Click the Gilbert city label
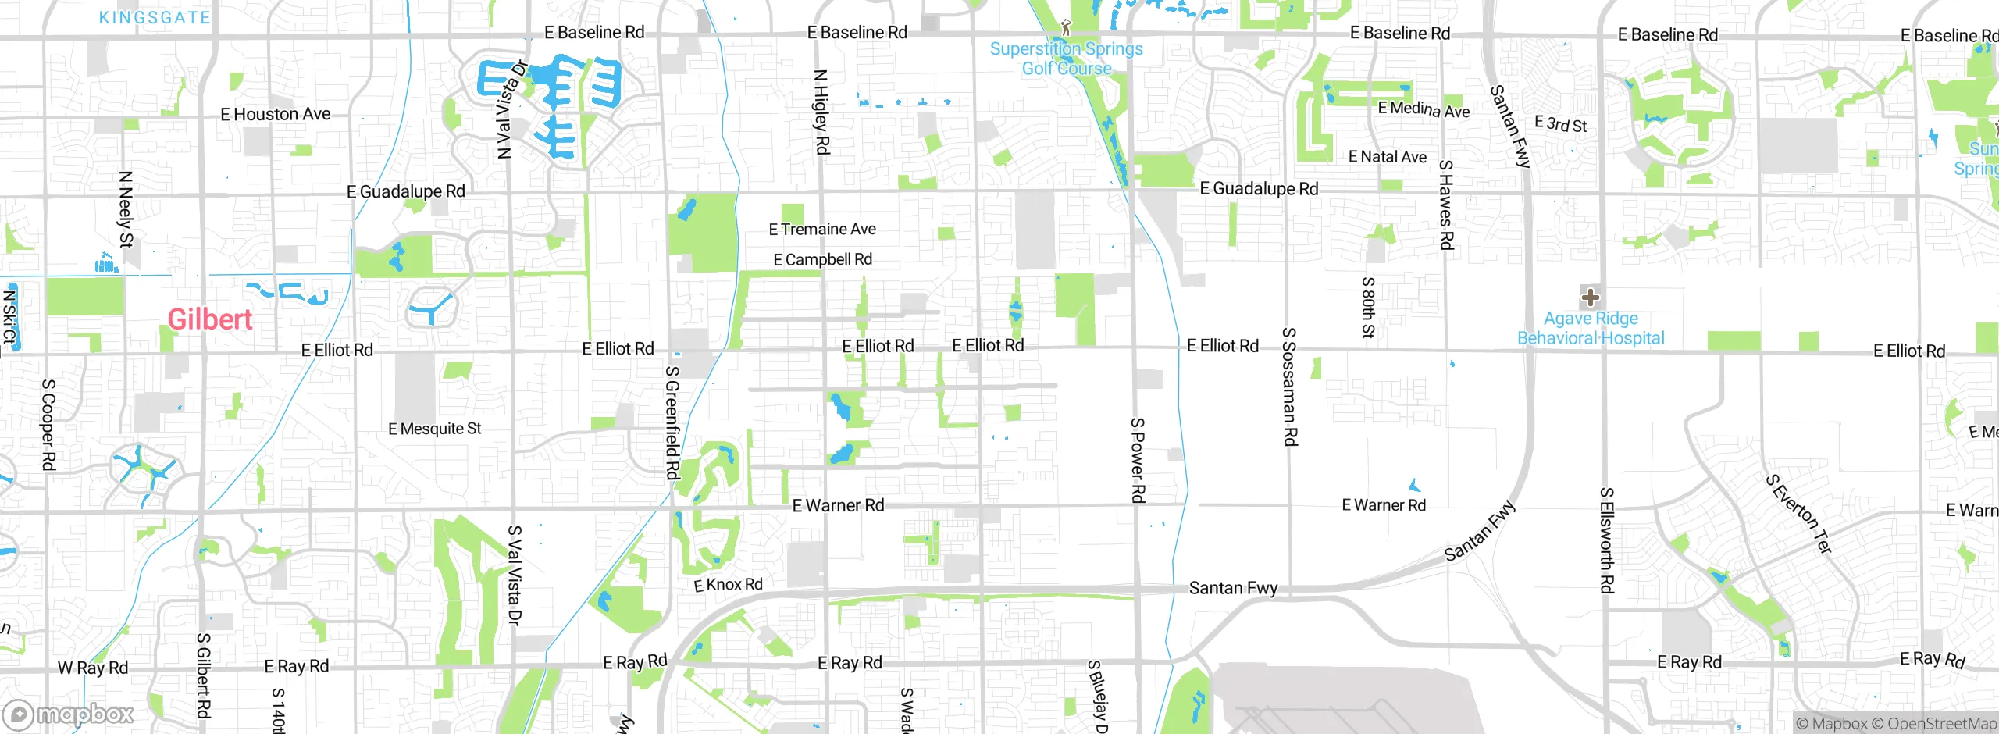pyautogui.click(x=209, y=319)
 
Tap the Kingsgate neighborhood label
pyautogui.click(x=155, y=17)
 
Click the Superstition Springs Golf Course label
pyautogui.click(x=1067, y=59)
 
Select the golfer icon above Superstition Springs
pyautogui.click(x=1066, y=28)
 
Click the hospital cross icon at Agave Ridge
pyautogui.click(x=1591, y=298)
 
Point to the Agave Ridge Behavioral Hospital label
pyautogui.click(x=1591, y=329)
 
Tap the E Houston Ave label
pyautogui.click(x=276, y=115)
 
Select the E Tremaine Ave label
pyautogui.click(x=822, y=230)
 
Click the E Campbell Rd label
pyautogui.click(x=822, y=260)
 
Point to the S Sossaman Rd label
pyautogui.click(x=1289, y=387)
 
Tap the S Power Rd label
pyautogui.click(x=1138, y=460)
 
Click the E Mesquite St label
pyautogui.click(x=435, y=429)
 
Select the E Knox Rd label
pyautogui.click(x=728, y=585)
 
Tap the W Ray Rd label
pyautogui.click(x=93, y=668)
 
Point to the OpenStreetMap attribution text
pyautogui.click(x=1941, y=724)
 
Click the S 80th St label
pyautogui.click(x=1368, y=307)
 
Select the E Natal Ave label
pyautogui.click(x=1388, y=157)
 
